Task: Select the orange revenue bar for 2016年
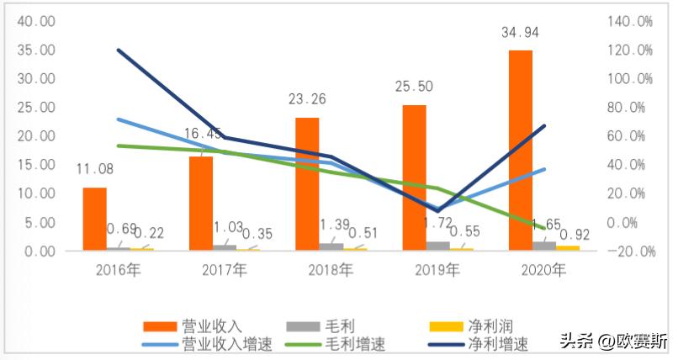(94, 219)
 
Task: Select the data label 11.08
(93, 169)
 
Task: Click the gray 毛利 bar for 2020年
(544, 246)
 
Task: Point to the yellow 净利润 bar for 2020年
(568, 247)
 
